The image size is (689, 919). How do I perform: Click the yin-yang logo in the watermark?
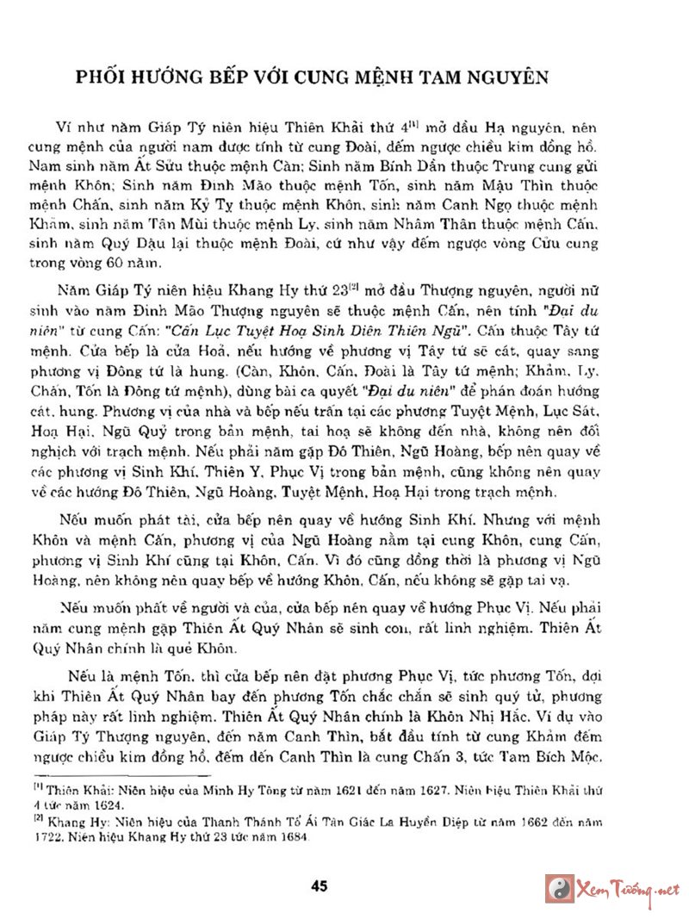pyautogui.click(x=560, y=888)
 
